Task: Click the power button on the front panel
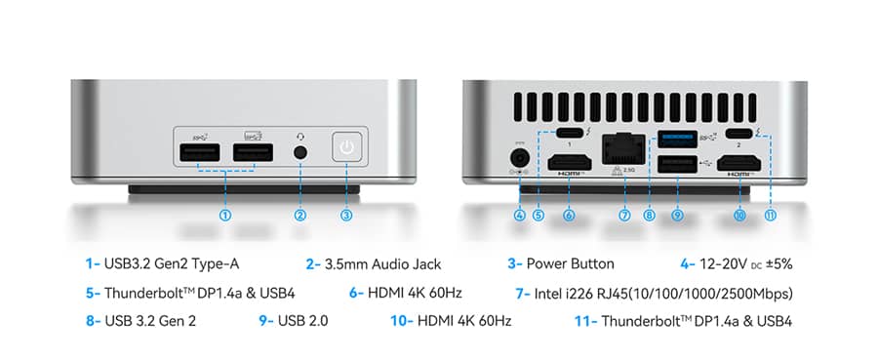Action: (x=347, y=147)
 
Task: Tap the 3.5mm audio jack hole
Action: (x=300, y=152)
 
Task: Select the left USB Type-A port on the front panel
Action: (x=200, y=153)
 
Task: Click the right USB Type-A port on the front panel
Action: (x=253, y=153)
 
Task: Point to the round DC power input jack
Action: (x=520, y=157)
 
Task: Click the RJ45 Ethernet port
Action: (x=623, y=148)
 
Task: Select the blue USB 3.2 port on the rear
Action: (x=677, y=139)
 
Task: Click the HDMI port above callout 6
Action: (x=569, y=163)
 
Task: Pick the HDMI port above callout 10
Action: (x=739, y=163)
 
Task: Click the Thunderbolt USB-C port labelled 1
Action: (x=569, y=134)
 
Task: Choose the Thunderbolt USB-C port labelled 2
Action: (x=739, y=134)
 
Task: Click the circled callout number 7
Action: (x=624, y=215)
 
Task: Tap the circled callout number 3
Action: (x=346, y=215)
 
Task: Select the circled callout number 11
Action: (x=771, y=215)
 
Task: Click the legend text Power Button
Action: (x=570, y=264)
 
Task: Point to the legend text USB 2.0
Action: (x=303, y=321)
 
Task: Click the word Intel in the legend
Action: (x=547, y=294)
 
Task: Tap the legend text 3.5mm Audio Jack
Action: (x=383, y=264)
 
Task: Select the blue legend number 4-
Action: (x=688, y=264)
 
